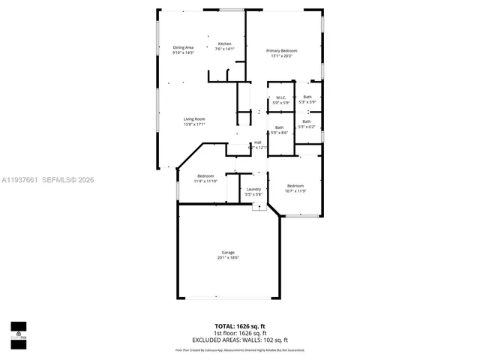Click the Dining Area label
click(x=183, y=48)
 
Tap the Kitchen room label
click(x=224, y=43)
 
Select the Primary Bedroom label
click(x=283, y=50)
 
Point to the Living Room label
click(x=194, y=118)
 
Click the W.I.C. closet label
click(x=280, y=97)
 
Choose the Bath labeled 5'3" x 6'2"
click(x=307, y=121)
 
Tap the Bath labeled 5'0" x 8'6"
click(x=279, y=127)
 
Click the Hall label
click(x=257, y=142)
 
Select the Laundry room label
click(x=253, y=189)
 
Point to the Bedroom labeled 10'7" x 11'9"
click(x=295, y=185)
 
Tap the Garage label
click(x=228, y=252)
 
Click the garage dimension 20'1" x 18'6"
click(x=228, y=257)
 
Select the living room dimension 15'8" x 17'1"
click(x=194, y=124)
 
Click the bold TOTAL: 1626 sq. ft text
click(x=240, y=326)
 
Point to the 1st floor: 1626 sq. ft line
click(x=240, y=333)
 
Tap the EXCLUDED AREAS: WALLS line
click(x=240, y=340)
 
